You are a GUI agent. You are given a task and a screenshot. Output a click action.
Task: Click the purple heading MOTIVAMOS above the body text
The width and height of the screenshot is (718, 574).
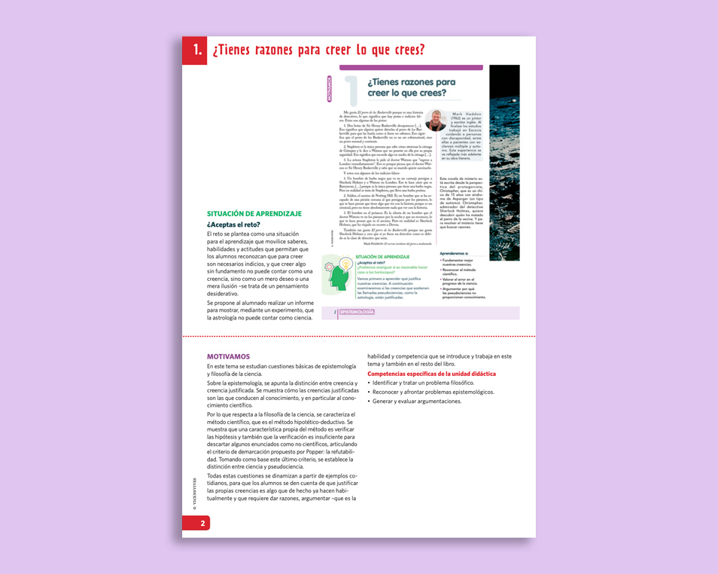coord(228,356)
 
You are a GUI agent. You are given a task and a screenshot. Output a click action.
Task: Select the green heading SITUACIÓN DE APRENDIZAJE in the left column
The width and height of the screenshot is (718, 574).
coord(254,214)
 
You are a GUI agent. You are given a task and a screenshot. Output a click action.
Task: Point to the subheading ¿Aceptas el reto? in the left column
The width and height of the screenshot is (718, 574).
coord(233,224)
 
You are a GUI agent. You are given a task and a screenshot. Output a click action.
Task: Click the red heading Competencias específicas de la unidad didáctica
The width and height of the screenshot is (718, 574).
coord(431,374)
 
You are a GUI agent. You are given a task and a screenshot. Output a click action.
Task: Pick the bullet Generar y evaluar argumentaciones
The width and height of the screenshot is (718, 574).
coord(416,401)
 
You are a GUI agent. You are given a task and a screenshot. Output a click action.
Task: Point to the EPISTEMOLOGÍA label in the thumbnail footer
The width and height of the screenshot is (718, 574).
coord(356,312)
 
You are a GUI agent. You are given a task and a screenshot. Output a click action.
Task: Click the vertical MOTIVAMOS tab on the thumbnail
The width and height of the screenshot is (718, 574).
coord(329,88)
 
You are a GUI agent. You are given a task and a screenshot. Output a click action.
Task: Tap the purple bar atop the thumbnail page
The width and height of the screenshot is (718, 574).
coord(412,67)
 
